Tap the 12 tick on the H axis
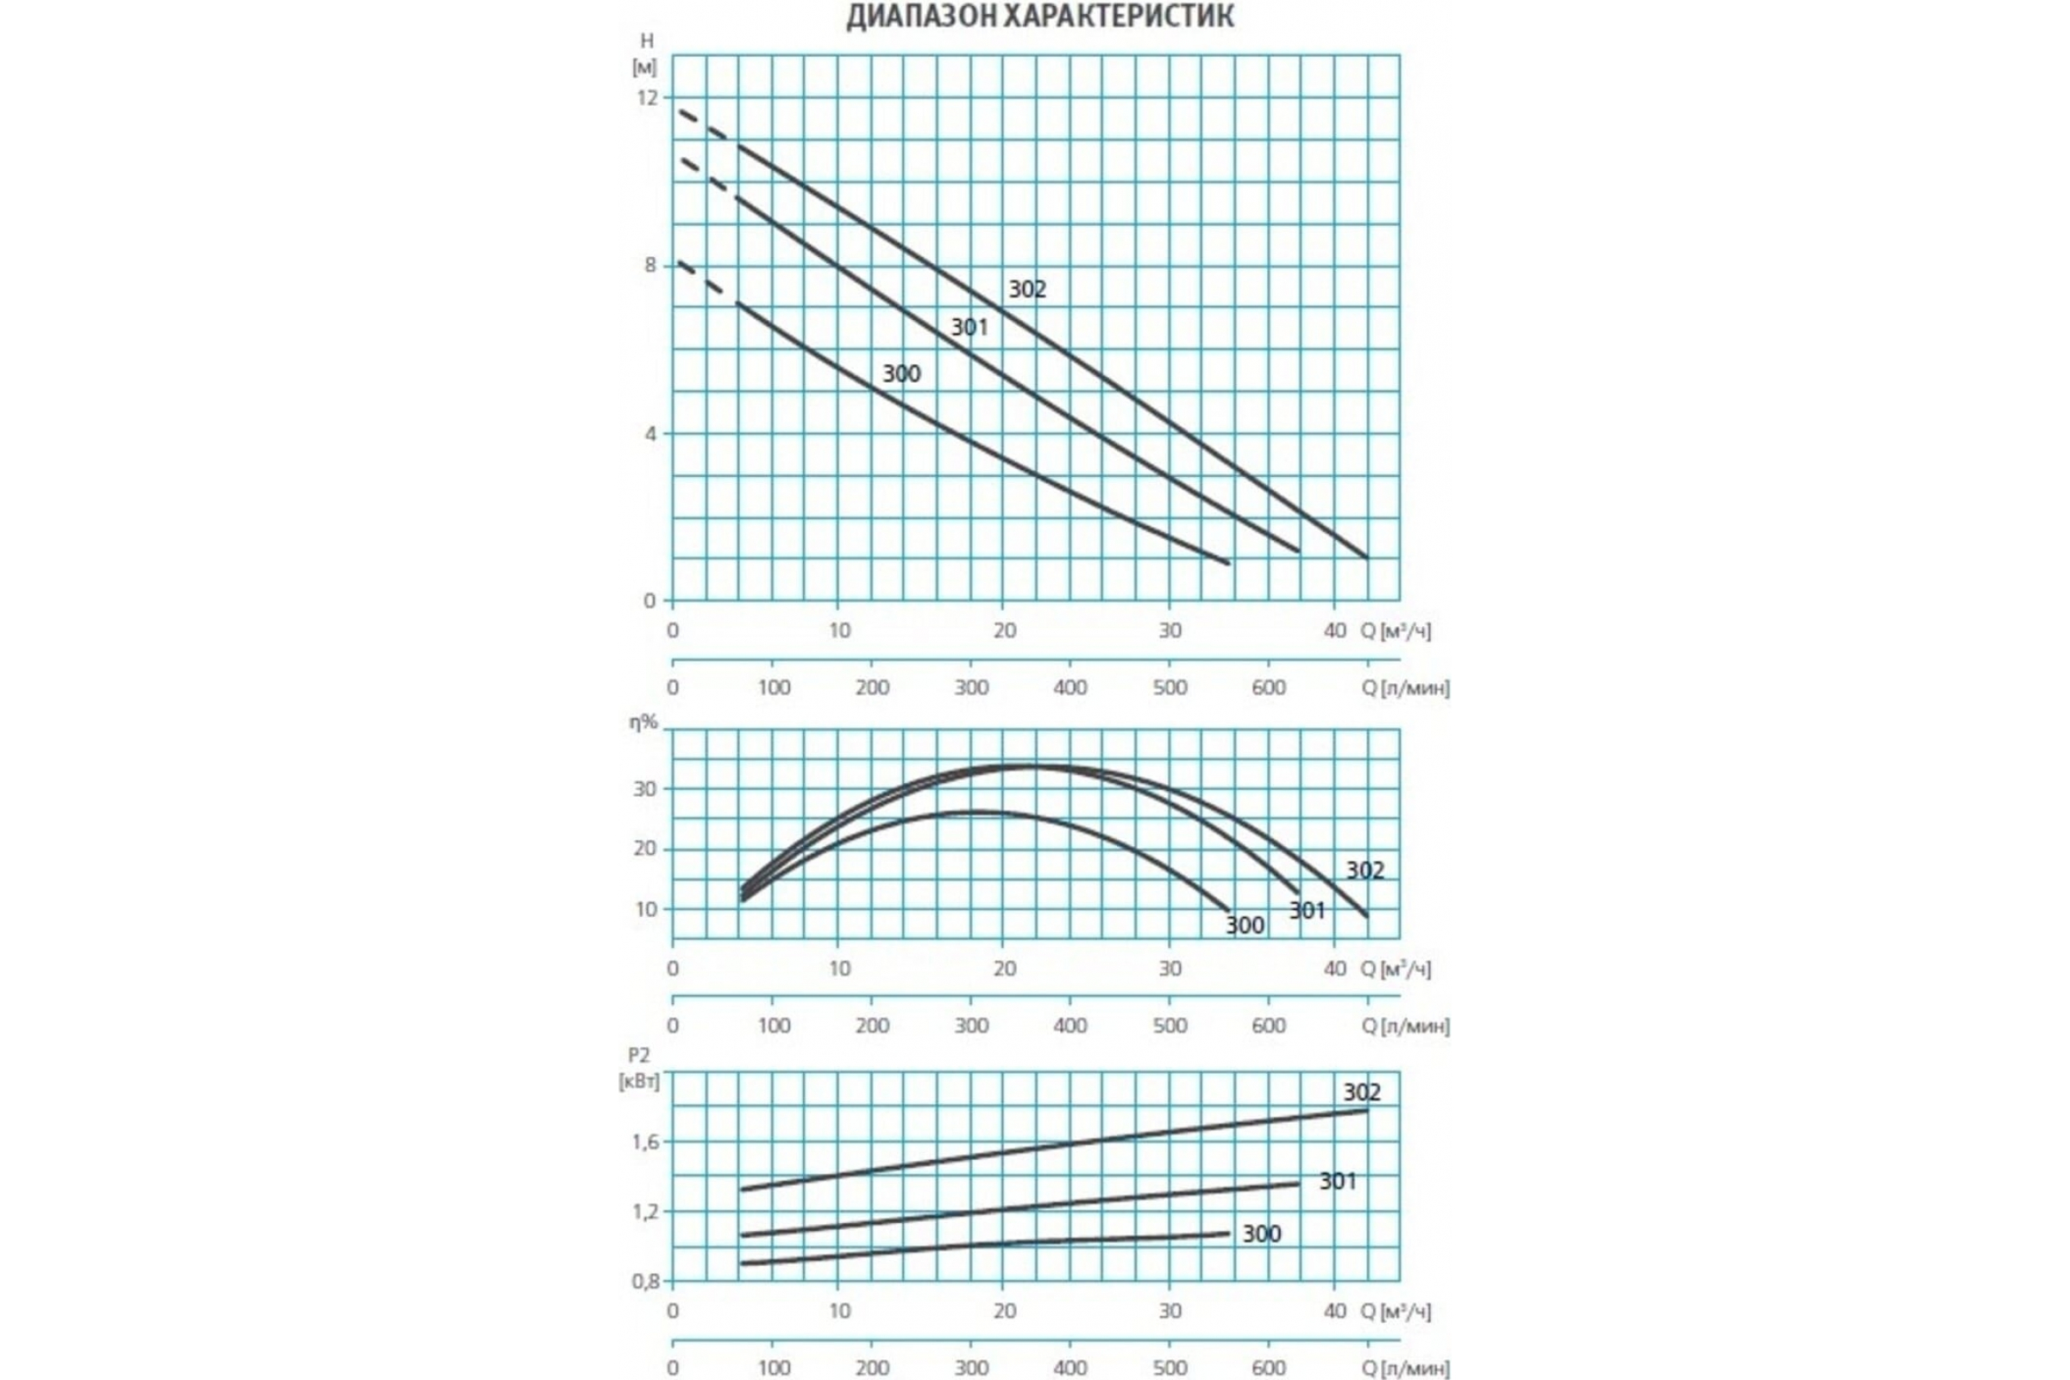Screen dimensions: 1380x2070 click(x=647, y=97)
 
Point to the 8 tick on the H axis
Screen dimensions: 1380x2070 click(x=650, y=265)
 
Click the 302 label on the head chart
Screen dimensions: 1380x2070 click(x=1027, y=290)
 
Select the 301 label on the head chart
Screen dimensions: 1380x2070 click(x=969, y=328)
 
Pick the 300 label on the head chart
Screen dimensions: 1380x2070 click(x=901, y=374)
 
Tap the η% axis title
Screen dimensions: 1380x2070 click(x=643, y=723)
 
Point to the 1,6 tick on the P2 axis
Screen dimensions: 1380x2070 click(x=645, y=1142)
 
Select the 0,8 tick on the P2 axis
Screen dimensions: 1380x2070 click(x=645, y=1282)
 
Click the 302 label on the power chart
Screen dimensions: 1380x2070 click(x=1362, y=1092)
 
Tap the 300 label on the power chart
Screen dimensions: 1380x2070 click(x=1261, y=1234)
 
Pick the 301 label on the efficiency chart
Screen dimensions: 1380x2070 click(x=1307, y=911)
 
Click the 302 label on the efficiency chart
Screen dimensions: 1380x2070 click(x=1365, y=870)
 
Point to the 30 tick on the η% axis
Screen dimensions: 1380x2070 click(x=645, y=789)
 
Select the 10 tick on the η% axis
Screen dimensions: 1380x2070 click(x=645, y=909)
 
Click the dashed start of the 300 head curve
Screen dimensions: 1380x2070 click(x=701, y=278)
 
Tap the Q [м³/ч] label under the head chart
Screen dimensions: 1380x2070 click(x=1396, y=631)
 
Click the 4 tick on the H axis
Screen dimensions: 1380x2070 click(x=650, y=434)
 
